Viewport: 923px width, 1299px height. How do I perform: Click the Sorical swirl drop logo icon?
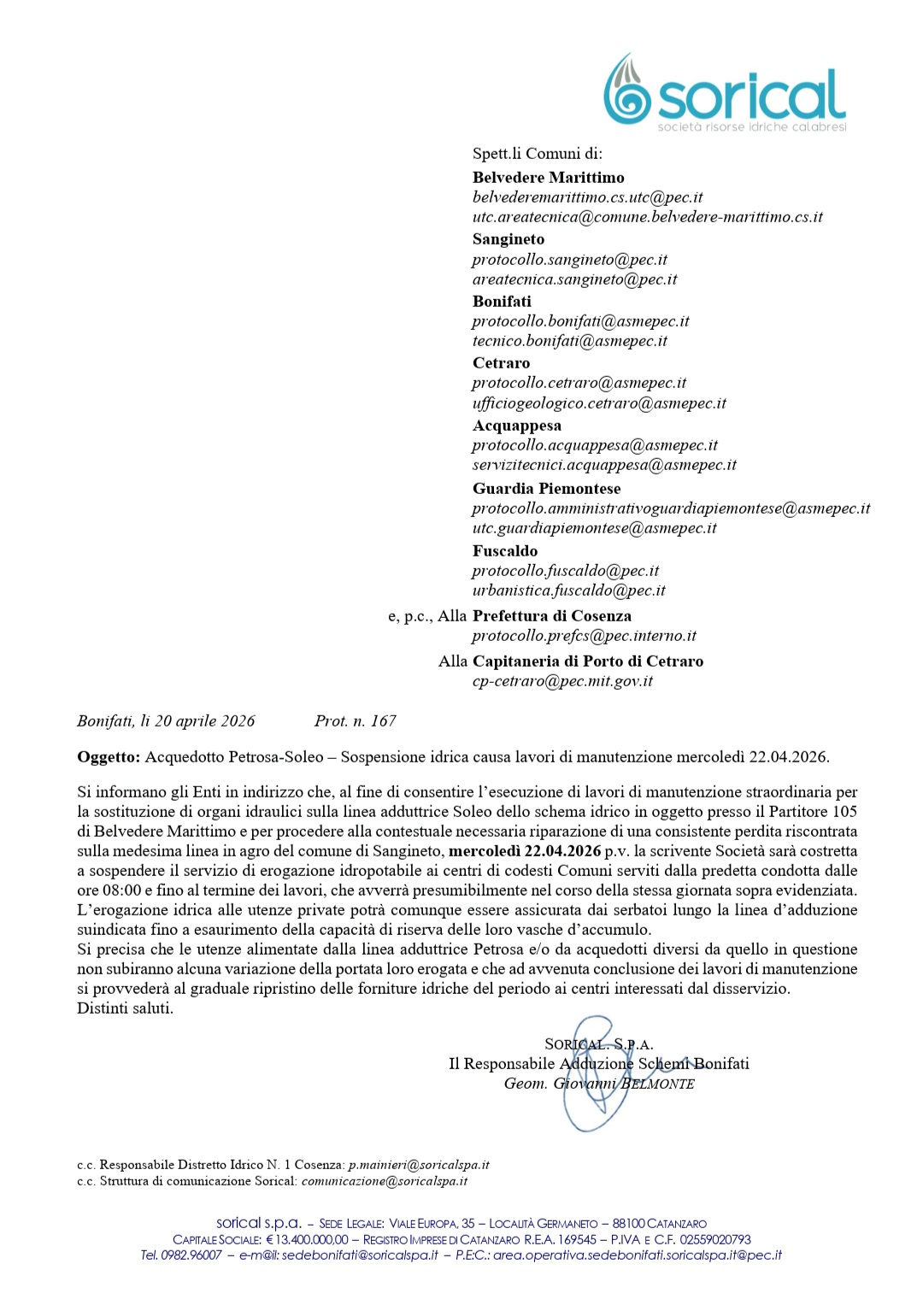click(x=627, y=91)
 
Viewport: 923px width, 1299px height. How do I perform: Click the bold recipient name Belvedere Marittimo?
click(x=548, y=178)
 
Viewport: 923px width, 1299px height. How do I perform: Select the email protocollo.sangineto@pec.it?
click(x=569, y=260)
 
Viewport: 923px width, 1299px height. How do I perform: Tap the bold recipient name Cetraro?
click(x=501, y=363)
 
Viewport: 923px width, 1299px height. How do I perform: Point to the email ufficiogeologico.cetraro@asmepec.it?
click(x=598, y=403)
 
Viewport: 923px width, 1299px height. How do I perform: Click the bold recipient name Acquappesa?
click(x=516, y=426)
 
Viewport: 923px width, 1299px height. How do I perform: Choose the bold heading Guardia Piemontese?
click(x=546, y=489)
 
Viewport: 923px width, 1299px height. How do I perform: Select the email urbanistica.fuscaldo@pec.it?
click(x=568, y=591)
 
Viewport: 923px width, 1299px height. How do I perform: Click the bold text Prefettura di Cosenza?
click(x=552, y=616)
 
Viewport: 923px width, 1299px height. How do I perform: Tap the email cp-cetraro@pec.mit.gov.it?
click(x=562, y=681)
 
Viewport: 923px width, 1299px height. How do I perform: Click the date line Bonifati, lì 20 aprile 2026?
click(x=166, y=721)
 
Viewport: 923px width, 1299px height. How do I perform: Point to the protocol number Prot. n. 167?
click(x=356, y=721)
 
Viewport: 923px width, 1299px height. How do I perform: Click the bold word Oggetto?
click(x=108, y=757)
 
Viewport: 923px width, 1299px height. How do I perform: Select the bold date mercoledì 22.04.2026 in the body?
click(x=525, y=851)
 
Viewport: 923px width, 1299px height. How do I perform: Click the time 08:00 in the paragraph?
click(x=121, y=890)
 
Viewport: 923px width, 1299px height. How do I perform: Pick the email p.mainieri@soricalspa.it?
click(x=419, y=1165)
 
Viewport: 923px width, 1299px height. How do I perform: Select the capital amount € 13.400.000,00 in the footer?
click(x=307, y=1240)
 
